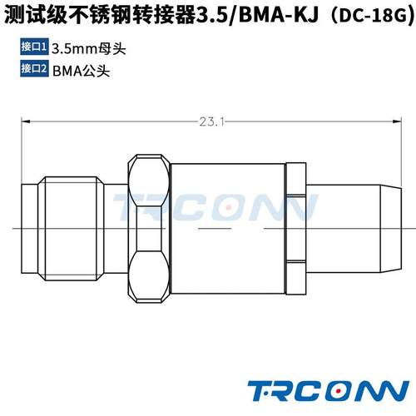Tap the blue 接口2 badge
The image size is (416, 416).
click(x=32, y=70)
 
